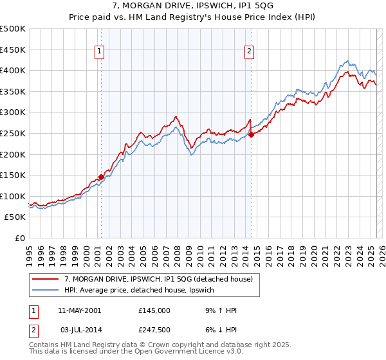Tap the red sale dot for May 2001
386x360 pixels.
(x=101, y=177)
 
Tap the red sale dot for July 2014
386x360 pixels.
(x=251, y=134)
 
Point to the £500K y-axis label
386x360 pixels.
(x=13, y=29)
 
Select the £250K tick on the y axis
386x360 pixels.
(x=13, y=133)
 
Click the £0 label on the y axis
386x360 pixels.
(x=20, y=238)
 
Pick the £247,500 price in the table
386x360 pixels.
(x=154, y=329)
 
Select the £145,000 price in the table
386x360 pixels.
(x=154, y=310)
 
